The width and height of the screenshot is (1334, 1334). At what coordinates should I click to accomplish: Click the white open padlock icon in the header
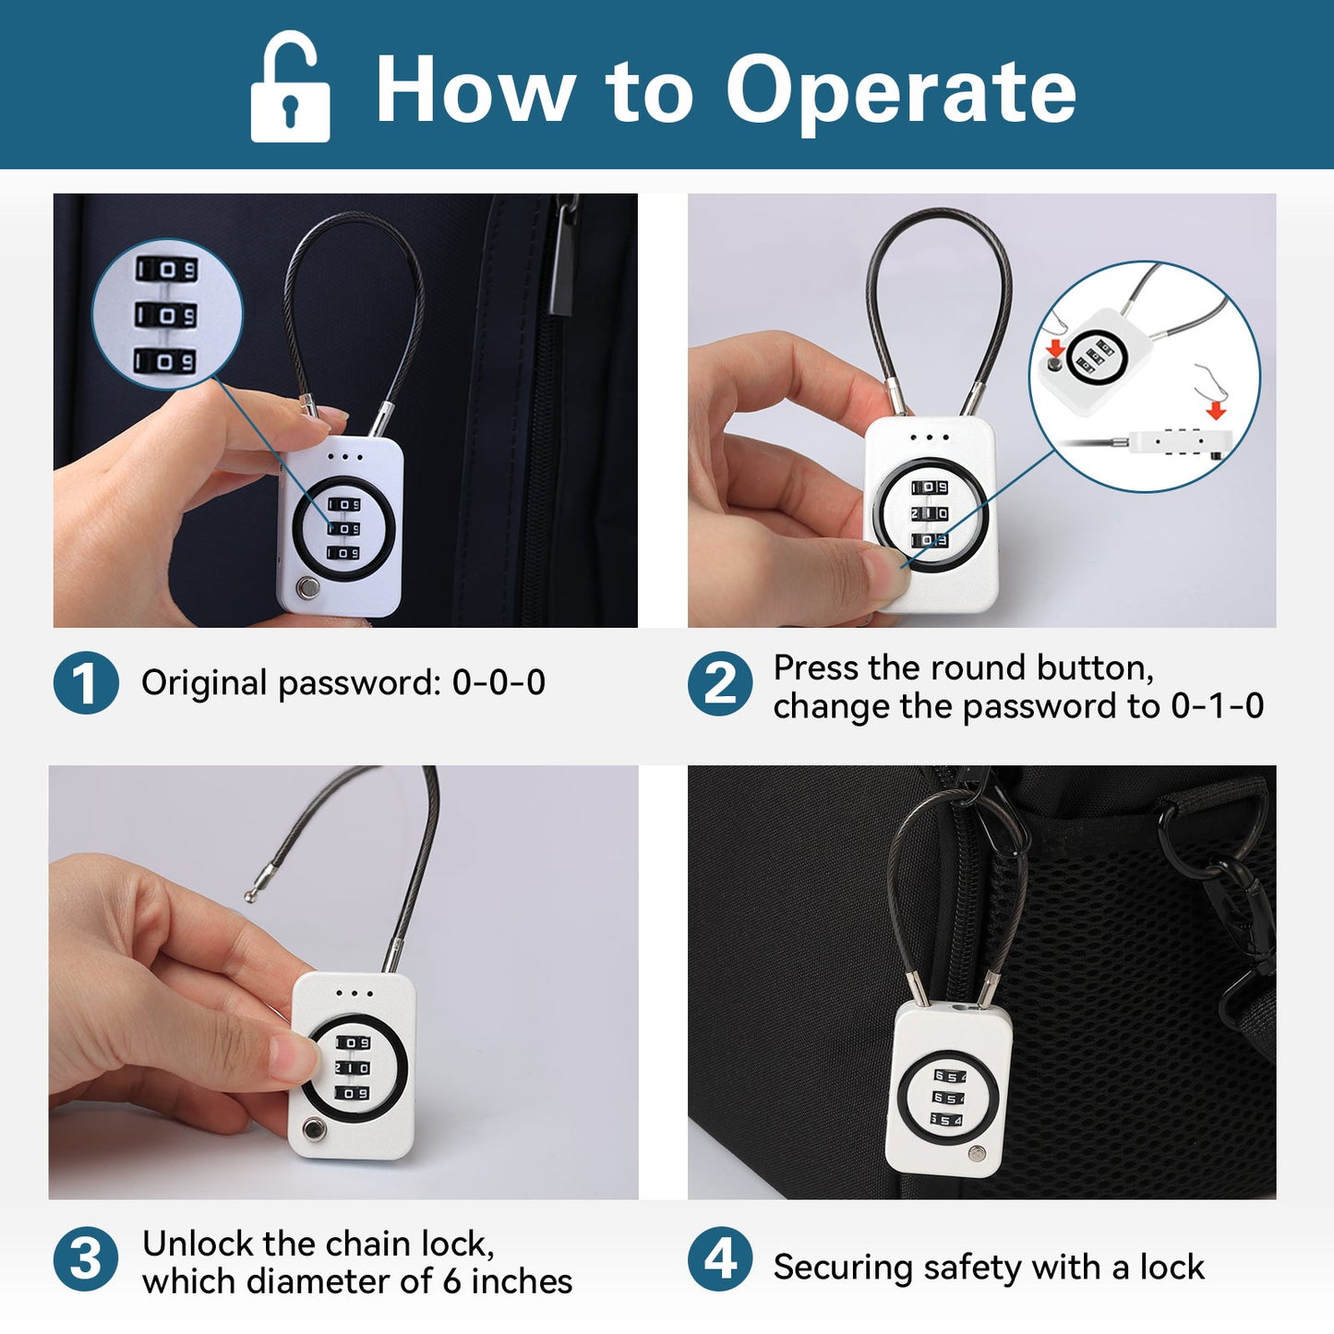(x=290, y=87)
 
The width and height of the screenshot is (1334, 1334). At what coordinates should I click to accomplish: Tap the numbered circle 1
(x=86, y=682)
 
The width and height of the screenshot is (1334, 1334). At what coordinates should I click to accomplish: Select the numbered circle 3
(x=86, y=1258)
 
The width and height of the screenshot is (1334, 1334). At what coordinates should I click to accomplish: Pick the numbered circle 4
(x=720, y=1258)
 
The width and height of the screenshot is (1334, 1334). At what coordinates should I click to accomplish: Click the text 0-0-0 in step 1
(x=499, y=682)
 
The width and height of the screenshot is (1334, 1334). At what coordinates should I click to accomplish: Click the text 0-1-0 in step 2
(x=1217, y=706)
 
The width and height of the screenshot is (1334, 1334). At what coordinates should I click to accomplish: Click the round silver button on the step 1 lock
(x=307, y=588)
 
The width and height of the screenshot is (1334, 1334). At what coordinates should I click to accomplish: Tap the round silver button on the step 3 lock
(x=316, y=1131)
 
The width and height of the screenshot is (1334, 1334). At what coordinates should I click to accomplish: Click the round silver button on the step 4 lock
(x=978, y=1153)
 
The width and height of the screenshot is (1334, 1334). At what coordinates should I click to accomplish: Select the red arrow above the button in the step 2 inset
(x=1055, y=347)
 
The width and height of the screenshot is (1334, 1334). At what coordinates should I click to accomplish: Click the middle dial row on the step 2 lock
(x=929, y=513)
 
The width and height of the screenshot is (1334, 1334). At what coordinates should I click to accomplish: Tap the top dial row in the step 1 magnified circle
(x=166, y=270)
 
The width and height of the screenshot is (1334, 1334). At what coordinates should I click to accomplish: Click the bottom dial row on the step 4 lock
(x=947, y=1120)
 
